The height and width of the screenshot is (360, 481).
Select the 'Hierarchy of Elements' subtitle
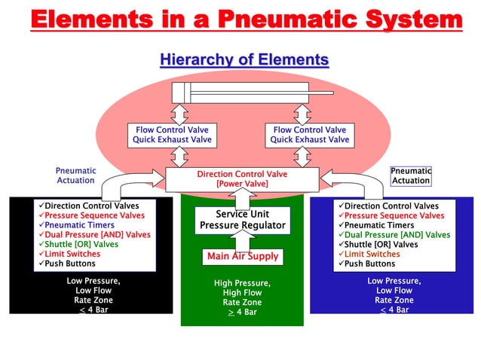[x=244, y=59]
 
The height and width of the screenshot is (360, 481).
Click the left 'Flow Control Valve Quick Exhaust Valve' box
[x=172, y=135]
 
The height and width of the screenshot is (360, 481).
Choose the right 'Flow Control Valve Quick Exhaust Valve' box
[x=309, y=135]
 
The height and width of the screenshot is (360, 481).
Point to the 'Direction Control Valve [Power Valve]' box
[x=241, y=178]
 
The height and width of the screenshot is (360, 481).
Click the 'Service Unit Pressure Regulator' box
[x=241, y=219]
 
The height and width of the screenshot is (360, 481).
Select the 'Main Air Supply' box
[x=242, y=257]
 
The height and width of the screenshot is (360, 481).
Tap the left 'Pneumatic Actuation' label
[x=75, y=175]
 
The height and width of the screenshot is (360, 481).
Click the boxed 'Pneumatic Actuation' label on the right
[x=411, y=175]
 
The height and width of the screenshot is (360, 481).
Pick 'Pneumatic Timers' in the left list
[x=79, y=225]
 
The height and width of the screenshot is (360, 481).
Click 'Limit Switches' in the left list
[x=75, y=255]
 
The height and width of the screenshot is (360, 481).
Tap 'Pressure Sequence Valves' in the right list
[x=394, y=215]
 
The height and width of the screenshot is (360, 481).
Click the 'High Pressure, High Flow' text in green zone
[x=242, y=288]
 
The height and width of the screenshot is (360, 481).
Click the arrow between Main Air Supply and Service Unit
[x=241, y=239]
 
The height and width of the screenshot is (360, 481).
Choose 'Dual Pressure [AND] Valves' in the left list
[x=97, y=235]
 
